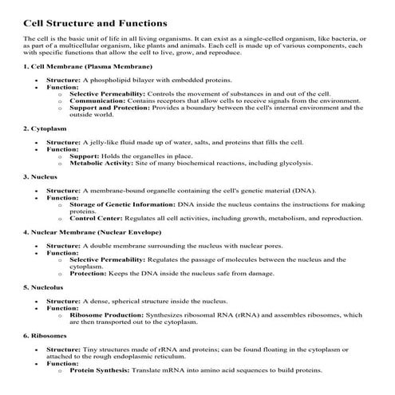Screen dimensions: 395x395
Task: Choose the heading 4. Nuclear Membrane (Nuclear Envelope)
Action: coord(92,231)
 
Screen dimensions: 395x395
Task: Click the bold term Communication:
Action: coord(97,102)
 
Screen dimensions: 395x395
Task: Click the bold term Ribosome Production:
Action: coord(109,315)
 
